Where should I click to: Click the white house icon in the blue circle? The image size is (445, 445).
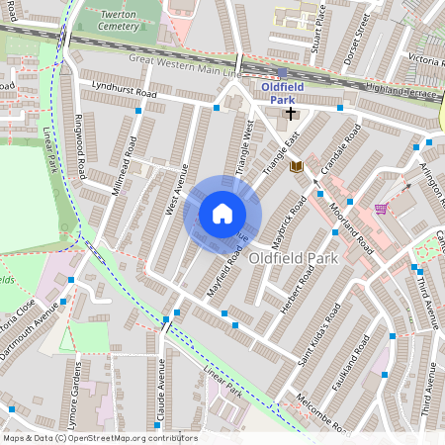tap(222, 214)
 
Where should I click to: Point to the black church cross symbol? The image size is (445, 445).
tap(291, 114)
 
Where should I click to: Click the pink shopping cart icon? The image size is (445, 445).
tap(381, 209)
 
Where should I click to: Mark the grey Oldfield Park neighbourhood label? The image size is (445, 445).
tap(294, 258)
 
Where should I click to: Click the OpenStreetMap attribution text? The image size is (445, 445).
tap(99, 438)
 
